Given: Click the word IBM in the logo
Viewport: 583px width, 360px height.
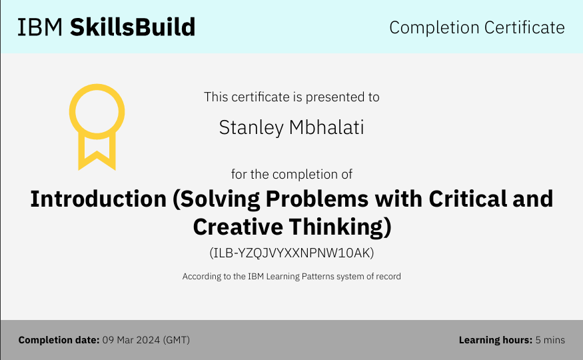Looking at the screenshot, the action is [x=40, y=27].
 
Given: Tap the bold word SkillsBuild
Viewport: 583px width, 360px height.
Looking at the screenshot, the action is [x=133, y=27].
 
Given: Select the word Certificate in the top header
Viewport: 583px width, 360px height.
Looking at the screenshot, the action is [x=524, y=27].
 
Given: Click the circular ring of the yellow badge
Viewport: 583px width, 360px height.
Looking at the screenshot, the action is [x=97, y=87].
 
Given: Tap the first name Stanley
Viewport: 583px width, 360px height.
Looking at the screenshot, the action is [x=251, y=128].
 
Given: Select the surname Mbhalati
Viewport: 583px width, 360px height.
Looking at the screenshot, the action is [x=326, y=127].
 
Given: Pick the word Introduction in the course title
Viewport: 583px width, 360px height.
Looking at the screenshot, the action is [x=98, y=199].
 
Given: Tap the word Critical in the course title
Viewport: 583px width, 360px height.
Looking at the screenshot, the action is [x=467, y=199].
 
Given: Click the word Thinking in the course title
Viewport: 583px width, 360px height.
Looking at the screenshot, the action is [x=336, y=227].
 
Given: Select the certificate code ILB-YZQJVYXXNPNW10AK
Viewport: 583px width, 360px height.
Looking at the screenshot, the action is [x=292, y=253].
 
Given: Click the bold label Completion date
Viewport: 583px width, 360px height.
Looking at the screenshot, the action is [x=59, y=340].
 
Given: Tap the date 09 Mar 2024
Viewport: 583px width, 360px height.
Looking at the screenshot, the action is [x=131, y=340].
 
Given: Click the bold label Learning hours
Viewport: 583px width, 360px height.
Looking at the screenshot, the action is [x=496, y=340].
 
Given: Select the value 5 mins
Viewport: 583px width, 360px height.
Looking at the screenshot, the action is [x=550, y=340].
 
